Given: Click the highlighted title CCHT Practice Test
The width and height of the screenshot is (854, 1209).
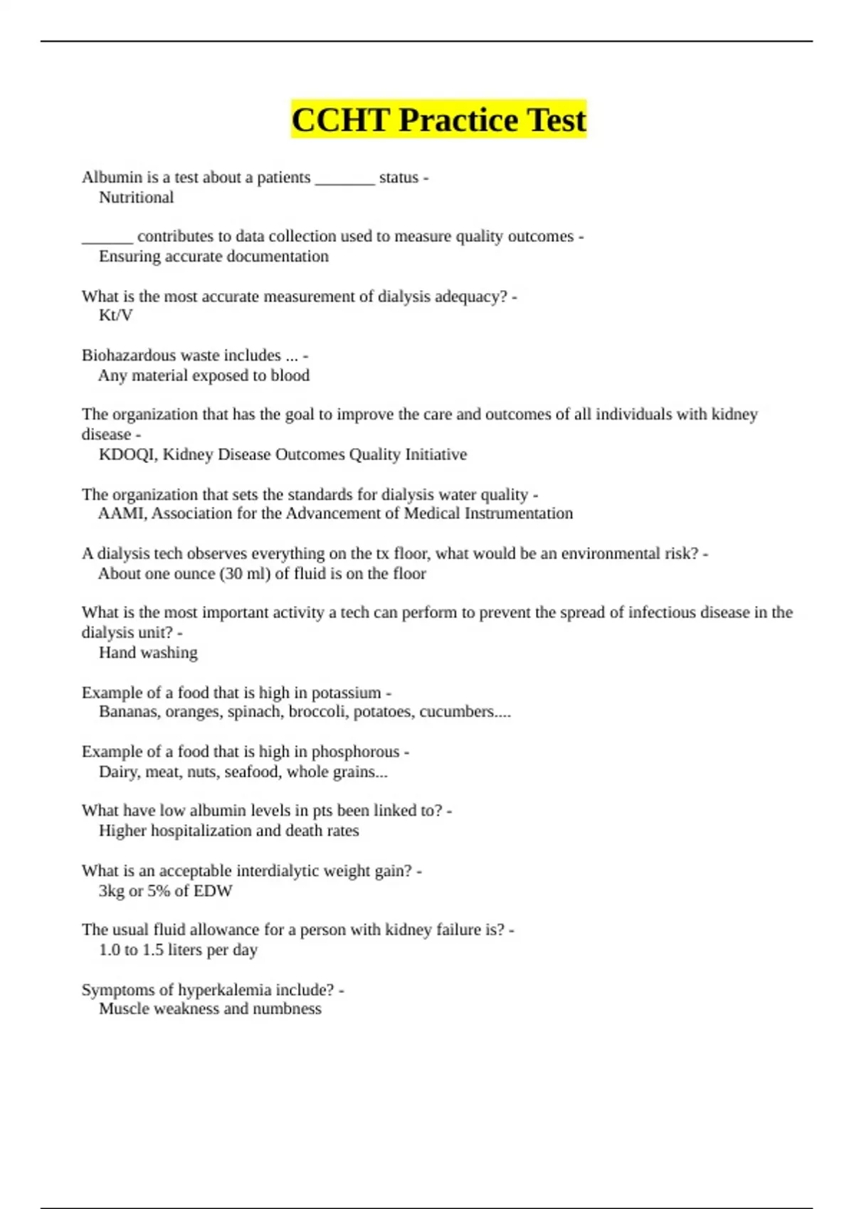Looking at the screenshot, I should pyautogui.click(x=438, y=119).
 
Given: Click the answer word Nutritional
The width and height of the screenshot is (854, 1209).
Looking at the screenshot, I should pyautogui.click(x=136, y=198).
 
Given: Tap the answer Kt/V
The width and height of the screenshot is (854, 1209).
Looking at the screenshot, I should pyautogui.click(x=115, y=315).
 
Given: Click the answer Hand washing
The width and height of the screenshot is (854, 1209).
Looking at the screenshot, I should pyautogui.click(x=148, y=653).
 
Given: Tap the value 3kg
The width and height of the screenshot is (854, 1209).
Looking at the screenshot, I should pyautogui.click(x=111, y=891).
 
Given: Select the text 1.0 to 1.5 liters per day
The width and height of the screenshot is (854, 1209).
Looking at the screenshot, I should pyautogui.click(x=178, y=950).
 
